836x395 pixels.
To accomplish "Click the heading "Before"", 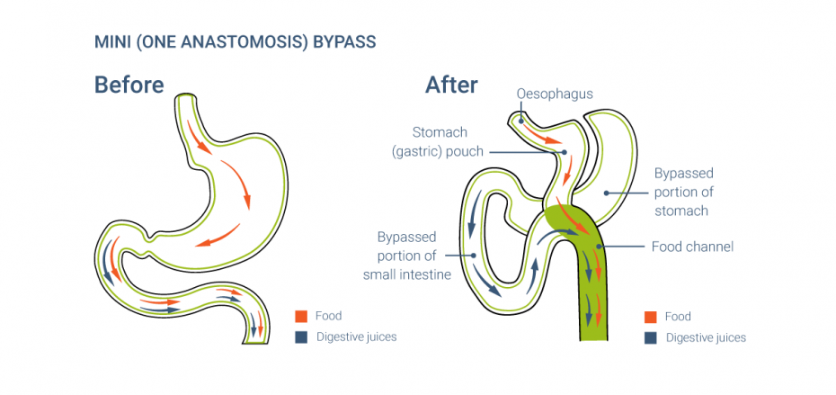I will (129, 85).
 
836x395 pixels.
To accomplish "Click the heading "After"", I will (451, 85).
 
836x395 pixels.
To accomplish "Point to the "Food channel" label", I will (692, 246).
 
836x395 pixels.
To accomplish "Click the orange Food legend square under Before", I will (301, 316).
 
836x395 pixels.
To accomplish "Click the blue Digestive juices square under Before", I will (301, 337).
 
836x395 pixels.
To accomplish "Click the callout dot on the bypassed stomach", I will (606, 192).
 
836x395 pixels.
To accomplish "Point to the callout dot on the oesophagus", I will (520, 120).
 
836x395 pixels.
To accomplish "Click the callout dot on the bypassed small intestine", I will (474, 256).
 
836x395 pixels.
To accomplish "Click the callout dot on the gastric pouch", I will (565, 152).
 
